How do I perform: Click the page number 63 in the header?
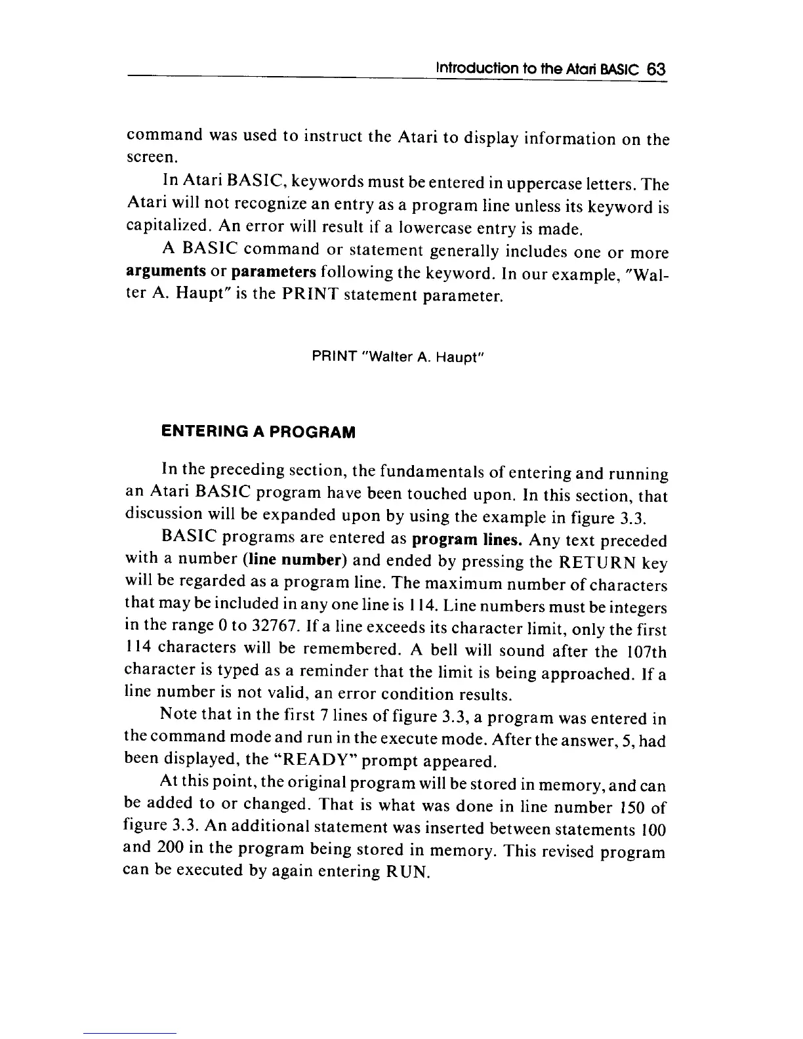click(655, 69)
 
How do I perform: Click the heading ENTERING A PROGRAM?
click(258, 432)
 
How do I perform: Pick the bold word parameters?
click(275, 272)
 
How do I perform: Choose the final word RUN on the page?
click(410, 873)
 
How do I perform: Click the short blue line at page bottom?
click(131, 1033)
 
